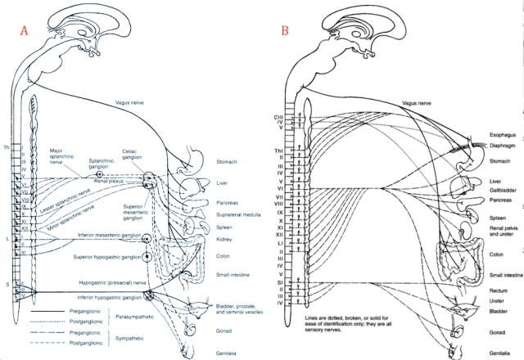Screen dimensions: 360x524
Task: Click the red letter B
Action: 286,31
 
